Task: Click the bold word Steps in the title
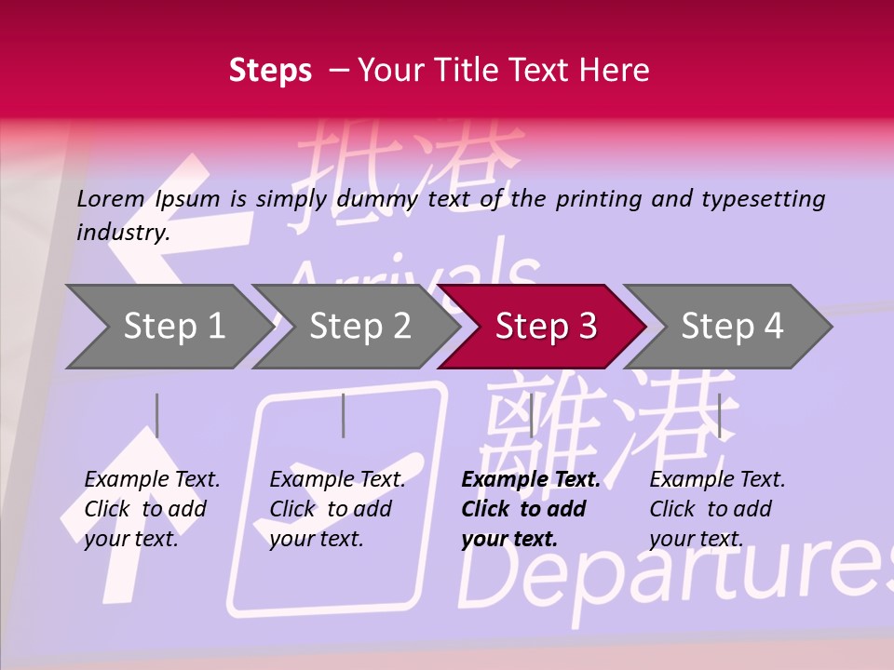coord(270,70)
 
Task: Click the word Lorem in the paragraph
coord(111,198)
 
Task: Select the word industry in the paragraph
coord(122,233)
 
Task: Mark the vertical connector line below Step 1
coord(157,415)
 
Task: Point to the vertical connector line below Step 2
coord(344,415)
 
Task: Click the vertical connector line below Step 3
coord(531,415)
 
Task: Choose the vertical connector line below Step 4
coord(720,415)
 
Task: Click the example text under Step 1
coord(151,509)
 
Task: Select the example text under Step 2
coord(336,509)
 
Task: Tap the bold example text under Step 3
coord(530,509)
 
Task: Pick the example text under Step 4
coord(716,509)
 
